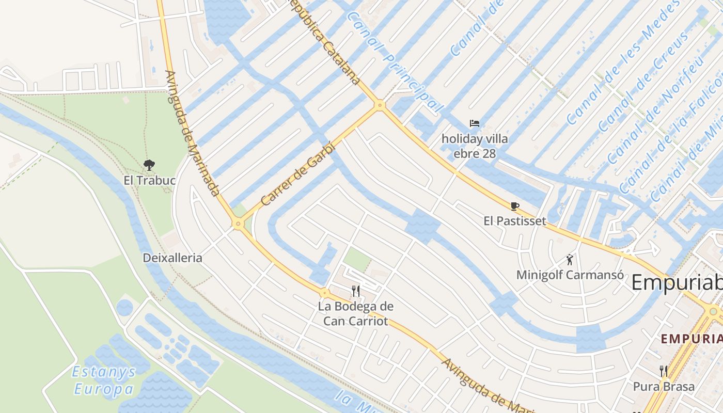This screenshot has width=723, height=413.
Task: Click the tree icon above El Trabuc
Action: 149,165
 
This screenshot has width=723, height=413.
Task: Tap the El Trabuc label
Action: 150,181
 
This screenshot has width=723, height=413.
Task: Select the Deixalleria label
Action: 172,258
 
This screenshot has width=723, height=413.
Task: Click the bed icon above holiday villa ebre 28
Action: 475,123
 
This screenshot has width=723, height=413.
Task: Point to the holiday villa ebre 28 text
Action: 475,146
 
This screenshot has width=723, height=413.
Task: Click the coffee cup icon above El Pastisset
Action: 514,206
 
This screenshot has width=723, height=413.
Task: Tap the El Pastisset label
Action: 514,221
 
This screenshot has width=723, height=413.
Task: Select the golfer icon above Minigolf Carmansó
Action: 570,259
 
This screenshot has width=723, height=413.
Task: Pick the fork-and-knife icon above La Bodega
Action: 355,291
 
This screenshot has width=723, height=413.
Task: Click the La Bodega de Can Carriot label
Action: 355,313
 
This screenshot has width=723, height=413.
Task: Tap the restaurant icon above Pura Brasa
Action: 664,371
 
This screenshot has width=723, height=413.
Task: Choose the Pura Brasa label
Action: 664,386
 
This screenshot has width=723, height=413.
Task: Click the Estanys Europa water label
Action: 104,380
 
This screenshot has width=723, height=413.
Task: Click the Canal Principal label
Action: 395,61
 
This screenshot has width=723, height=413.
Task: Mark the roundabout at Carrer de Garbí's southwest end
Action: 238,224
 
